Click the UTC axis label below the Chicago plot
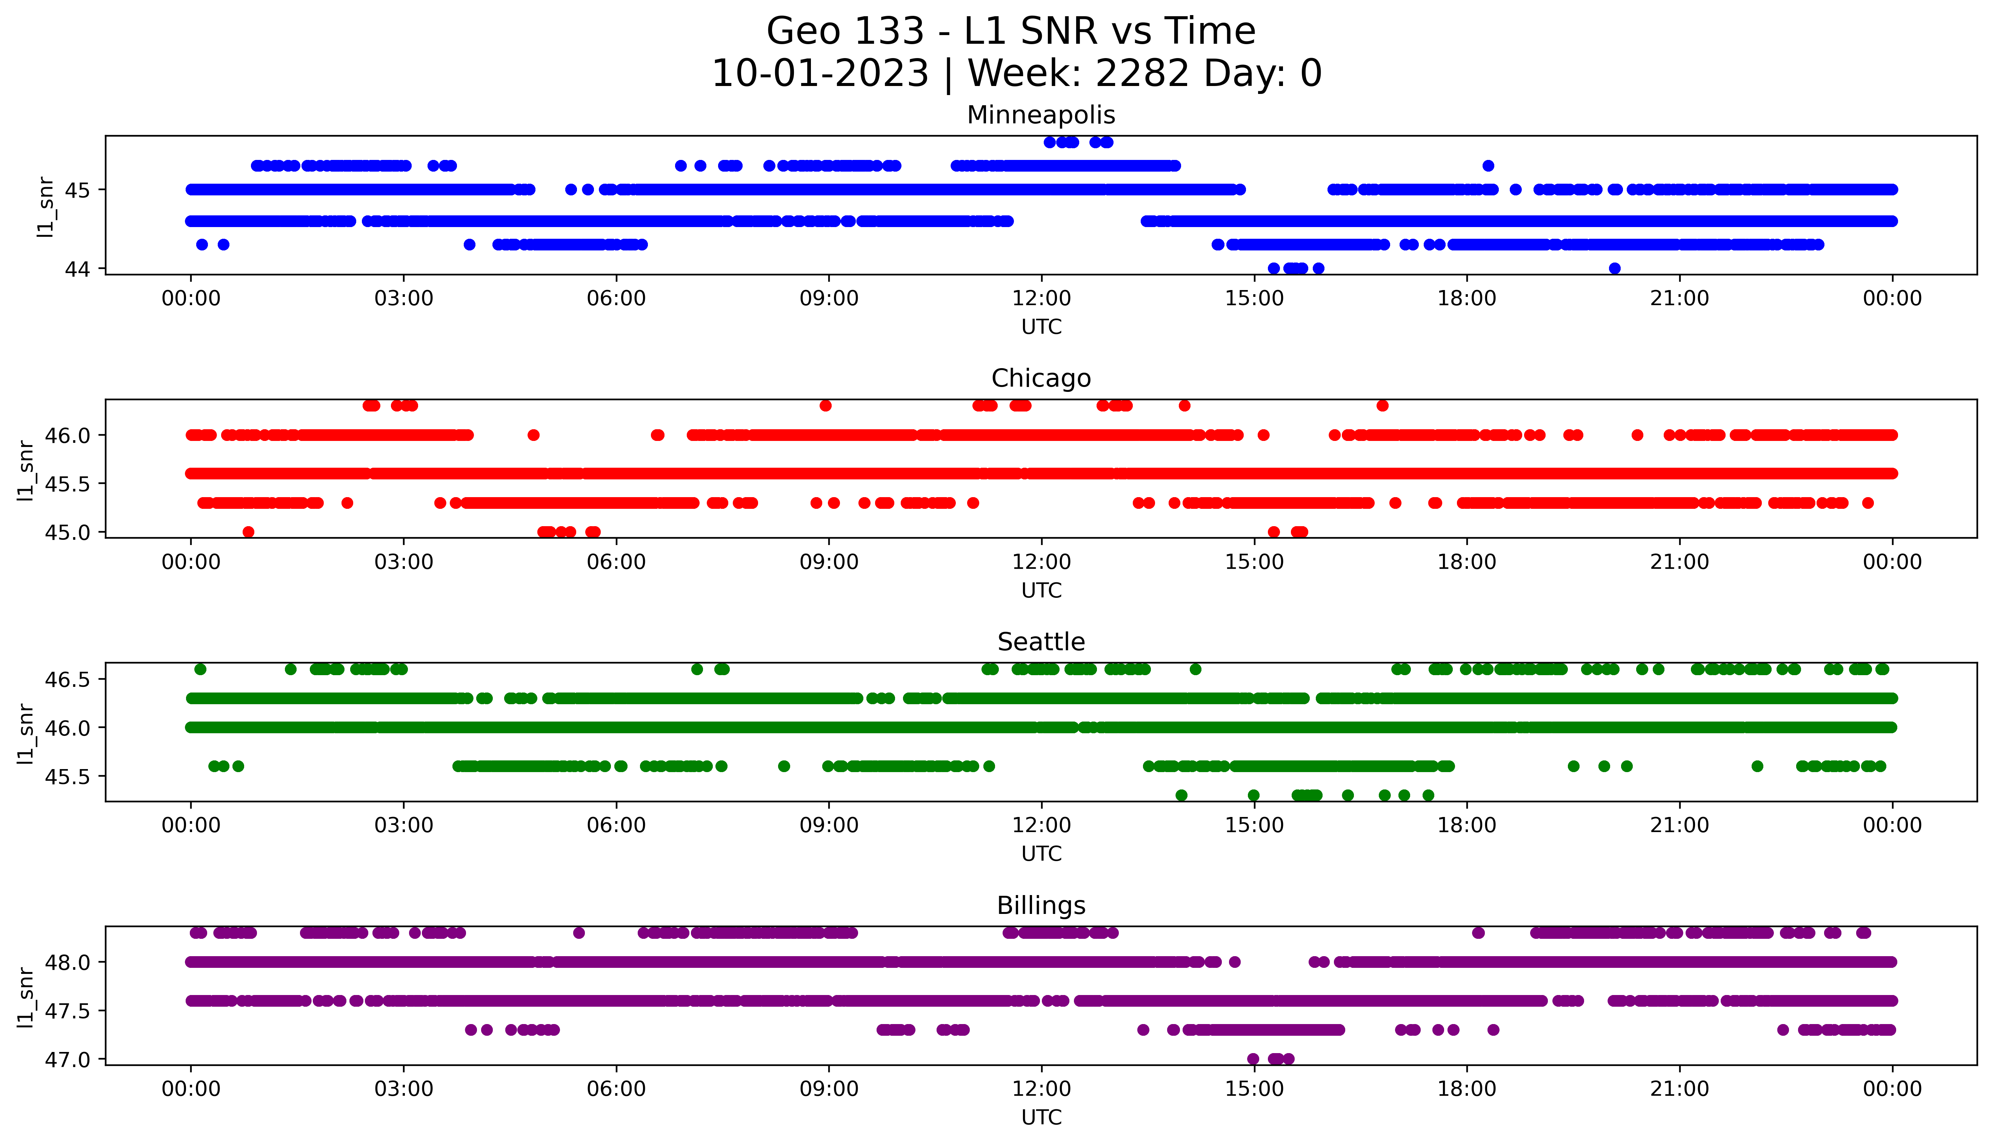1041,590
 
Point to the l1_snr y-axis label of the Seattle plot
26,733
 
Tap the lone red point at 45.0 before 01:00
248,532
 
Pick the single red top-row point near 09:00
825,405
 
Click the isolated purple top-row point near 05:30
579,933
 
